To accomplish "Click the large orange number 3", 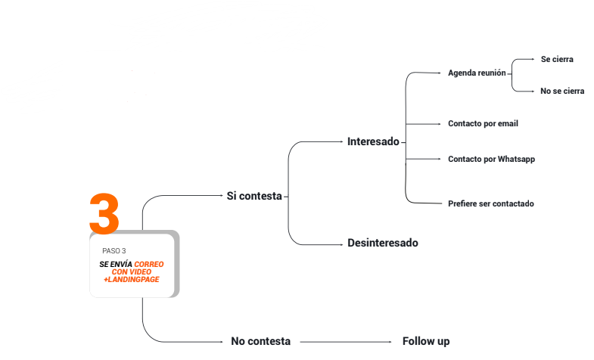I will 104,213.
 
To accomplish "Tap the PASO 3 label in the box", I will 114,250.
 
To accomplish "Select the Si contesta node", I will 254,196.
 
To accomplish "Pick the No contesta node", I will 260,341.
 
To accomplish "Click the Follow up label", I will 426,341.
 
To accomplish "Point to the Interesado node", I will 373,141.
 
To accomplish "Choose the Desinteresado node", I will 382,243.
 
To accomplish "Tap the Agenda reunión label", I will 477,73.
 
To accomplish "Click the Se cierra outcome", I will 557,58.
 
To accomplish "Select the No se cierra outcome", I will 562,91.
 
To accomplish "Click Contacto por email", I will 483,123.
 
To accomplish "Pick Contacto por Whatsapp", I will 491,159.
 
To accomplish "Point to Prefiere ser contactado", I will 491,203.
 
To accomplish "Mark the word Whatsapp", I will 517,159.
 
